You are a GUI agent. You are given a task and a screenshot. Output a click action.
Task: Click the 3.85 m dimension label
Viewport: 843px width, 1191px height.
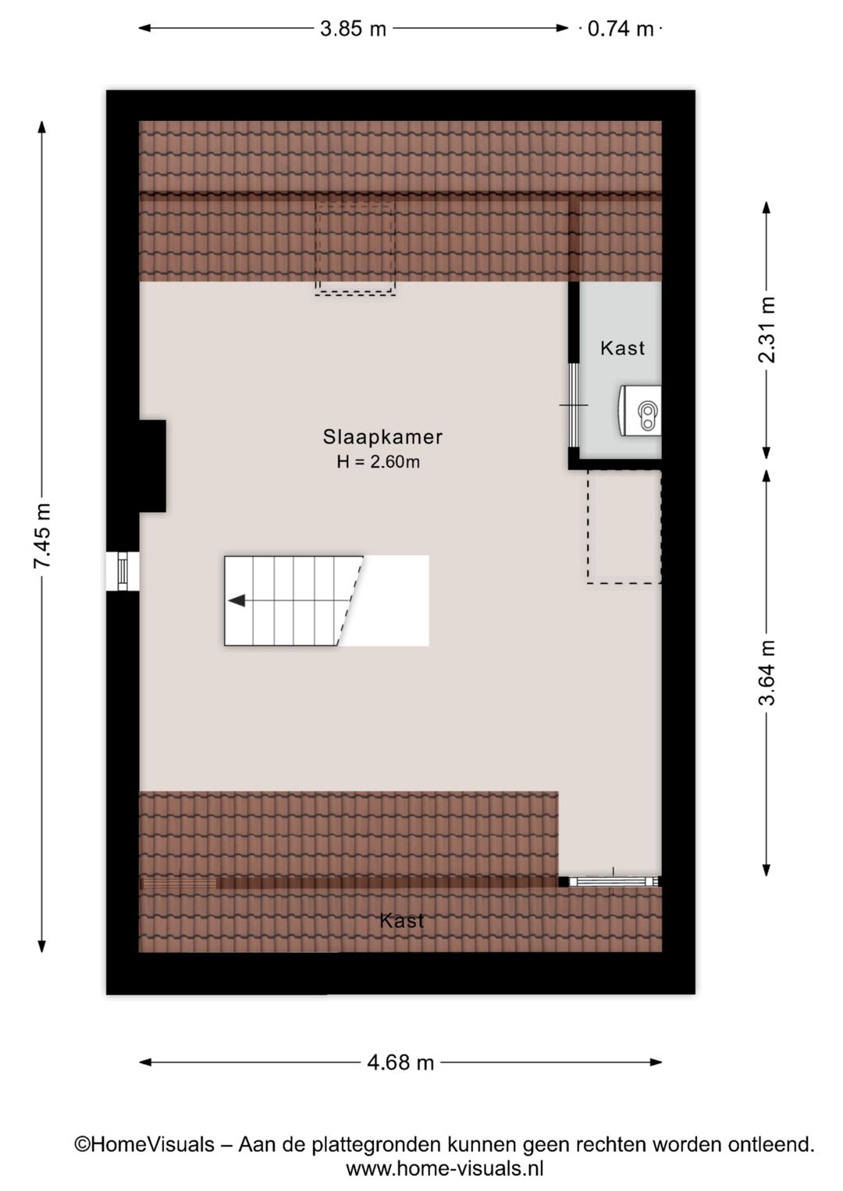click(353, 29)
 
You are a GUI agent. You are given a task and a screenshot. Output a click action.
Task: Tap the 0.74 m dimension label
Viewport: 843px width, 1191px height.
click(621, 29)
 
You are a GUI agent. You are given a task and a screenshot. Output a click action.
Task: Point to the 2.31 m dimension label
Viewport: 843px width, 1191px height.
click(767, 329)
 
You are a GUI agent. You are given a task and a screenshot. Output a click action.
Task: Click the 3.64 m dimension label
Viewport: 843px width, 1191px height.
click(767, 673)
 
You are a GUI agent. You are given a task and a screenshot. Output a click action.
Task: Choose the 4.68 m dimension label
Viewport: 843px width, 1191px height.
click(400, 1062)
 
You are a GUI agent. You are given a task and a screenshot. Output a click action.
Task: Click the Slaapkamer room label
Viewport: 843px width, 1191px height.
click(382, 437)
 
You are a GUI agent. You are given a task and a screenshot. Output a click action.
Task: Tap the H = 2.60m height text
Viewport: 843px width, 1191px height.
click(379, 462)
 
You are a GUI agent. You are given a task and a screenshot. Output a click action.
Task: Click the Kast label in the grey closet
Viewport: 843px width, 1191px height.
click(622, 348)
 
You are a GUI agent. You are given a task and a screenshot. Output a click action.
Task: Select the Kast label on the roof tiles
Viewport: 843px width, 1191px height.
click(401, 921)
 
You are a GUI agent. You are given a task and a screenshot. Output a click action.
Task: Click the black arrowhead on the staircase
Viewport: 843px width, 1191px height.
click(237, 600)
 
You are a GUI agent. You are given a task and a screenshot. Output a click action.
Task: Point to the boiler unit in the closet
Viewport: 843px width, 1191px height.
click(641, 410)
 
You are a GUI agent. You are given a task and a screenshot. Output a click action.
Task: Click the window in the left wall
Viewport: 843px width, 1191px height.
click(123, 571)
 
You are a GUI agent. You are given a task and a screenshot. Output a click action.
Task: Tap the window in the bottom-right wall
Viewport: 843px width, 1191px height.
click(614, 882)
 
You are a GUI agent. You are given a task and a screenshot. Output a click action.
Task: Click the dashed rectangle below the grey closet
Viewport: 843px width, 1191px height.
click(624, 527)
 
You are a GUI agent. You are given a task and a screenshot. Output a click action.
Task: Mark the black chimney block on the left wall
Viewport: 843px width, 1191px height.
click(152, 466)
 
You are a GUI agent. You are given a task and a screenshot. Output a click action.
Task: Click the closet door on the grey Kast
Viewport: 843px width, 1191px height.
click(574, 406)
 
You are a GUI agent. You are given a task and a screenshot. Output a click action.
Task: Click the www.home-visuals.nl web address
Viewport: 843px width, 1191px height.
click(444, 1168)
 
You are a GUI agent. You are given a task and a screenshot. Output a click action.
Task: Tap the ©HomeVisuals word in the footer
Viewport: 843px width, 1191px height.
click(144, 1144)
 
